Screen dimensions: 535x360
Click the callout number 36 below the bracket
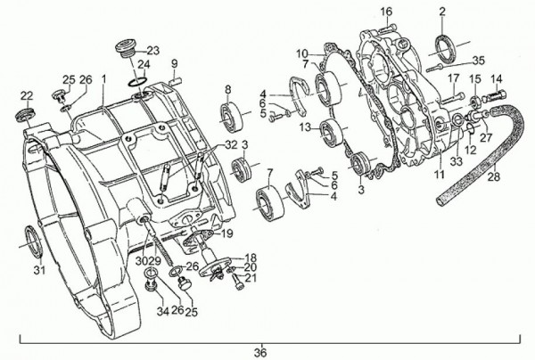click(260, 353)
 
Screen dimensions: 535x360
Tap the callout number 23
click(153, 51)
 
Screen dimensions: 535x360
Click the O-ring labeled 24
click(138, 81)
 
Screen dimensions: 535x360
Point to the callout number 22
click(27, 96)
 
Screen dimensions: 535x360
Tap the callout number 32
click(231, 144)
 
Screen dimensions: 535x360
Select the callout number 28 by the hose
click(494, 177)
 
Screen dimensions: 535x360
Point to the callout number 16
click(386, 12)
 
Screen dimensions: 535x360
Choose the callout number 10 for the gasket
click(302, 53)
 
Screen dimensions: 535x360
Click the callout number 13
click(306, 127)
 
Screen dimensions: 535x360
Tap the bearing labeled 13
click(332, 132)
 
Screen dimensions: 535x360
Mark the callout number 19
click(226, 233)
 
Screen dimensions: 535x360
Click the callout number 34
click(163, 311)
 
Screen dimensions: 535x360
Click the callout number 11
click(440, 174)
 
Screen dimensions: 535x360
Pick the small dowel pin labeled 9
click(176, 82)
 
